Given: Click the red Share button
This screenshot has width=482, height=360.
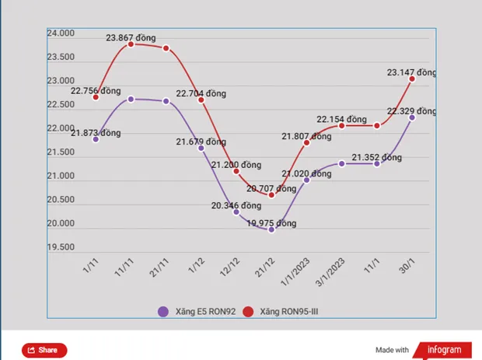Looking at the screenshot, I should coord(44,350).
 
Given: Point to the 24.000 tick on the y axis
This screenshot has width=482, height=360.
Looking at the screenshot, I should coord(60,33).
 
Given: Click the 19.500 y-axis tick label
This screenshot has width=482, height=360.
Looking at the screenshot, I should coord(60,247).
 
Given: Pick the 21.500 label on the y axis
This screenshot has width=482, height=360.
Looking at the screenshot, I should coord(60,152).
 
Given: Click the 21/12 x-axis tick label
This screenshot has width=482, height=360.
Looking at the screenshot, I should coord(264,273).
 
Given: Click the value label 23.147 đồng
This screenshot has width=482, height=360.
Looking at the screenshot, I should coord(412,72).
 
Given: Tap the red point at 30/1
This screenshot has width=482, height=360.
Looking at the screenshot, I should coord(412,79).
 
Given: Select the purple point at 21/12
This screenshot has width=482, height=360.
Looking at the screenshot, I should coord(271,230).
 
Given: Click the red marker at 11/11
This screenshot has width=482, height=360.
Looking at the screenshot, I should coord(131,44).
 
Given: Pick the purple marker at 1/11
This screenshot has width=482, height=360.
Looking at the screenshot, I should coord(96,139).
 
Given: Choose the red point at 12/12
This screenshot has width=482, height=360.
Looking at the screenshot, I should coord(236,171).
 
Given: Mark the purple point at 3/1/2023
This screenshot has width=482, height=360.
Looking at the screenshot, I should coord(341,163).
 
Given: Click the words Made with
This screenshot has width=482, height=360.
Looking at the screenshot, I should coord(391,350).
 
